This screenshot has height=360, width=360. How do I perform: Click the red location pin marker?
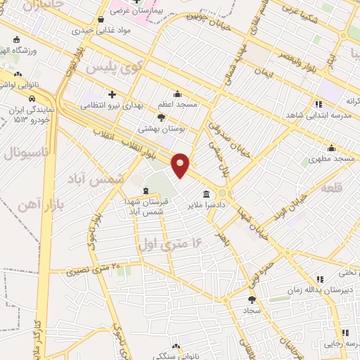pyautogui.click(x=181, y=165)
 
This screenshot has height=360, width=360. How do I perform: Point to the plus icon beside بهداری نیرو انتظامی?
pyautogui.click(x=112, y=94)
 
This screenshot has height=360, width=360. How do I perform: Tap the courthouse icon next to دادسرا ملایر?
pyautogui.click(x=206, y=194)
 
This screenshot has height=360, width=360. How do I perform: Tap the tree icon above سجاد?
pyautogui.click(x=252, y=300)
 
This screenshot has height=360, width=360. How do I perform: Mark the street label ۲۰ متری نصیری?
pyautogui.click(x=94, y=268)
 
